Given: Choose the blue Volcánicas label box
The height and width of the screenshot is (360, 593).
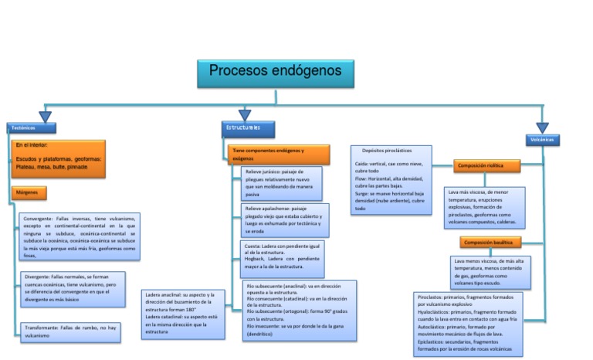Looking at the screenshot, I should point(543,140).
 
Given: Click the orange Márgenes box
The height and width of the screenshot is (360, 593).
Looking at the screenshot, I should point(30,192).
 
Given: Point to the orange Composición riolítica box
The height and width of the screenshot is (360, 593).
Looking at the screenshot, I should point(486,165).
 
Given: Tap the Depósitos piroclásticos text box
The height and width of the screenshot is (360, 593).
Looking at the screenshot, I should point(391,179).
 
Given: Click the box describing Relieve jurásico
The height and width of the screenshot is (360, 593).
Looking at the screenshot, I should point(281,183).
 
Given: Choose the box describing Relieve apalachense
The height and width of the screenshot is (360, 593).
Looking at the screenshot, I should point(283,220).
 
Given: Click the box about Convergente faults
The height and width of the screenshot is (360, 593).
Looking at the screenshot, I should point(79,236).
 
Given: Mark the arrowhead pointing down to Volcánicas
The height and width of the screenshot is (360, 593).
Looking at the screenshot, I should point(543,127).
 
